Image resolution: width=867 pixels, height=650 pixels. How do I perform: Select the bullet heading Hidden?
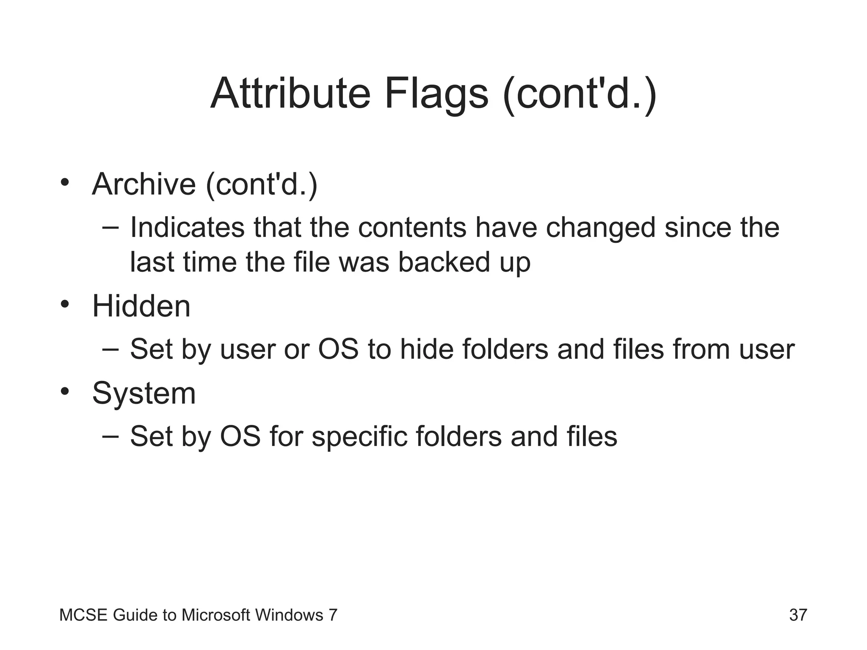(x=141, y=306)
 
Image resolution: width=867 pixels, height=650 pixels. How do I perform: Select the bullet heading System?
(x=144, y=394)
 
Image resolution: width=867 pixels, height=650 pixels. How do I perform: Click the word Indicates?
(x=187, y=228)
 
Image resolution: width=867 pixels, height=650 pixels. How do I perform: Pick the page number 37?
(x=798, y=615)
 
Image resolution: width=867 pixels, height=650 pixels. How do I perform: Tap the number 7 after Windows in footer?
(x=333, y=615)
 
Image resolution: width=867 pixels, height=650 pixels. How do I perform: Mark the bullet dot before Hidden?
(x=64, y=304)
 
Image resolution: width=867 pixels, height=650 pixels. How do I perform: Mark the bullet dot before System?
(x=64, y=391)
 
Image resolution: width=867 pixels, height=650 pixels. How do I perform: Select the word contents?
(x=412, y=228)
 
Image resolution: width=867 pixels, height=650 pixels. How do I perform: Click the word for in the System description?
(x=285, y=437)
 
